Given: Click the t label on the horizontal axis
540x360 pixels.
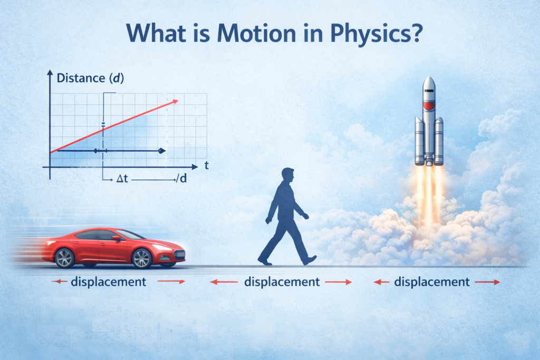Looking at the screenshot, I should [206, 166].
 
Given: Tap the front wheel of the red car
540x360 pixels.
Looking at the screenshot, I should [142, 258].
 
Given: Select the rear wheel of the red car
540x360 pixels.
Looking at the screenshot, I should [64, 258].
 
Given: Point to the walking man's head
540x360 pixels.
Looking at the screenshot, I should [287, 175].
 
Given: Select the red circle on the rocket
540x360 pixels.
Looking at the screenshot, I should [429, 106].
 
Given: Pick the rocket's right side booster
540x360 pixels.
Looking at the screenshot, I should [439, 140].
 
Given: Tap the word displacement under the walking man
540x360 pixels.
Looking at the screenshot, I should [282, 281].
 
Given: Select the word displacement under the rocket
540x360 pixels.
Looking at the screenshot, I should [431, 281].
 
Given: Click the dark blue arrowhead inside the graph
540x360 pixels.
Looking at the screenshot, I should [161, 151].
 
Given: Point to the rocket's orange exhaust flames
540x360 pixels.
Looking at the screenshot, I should [429, 190].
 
